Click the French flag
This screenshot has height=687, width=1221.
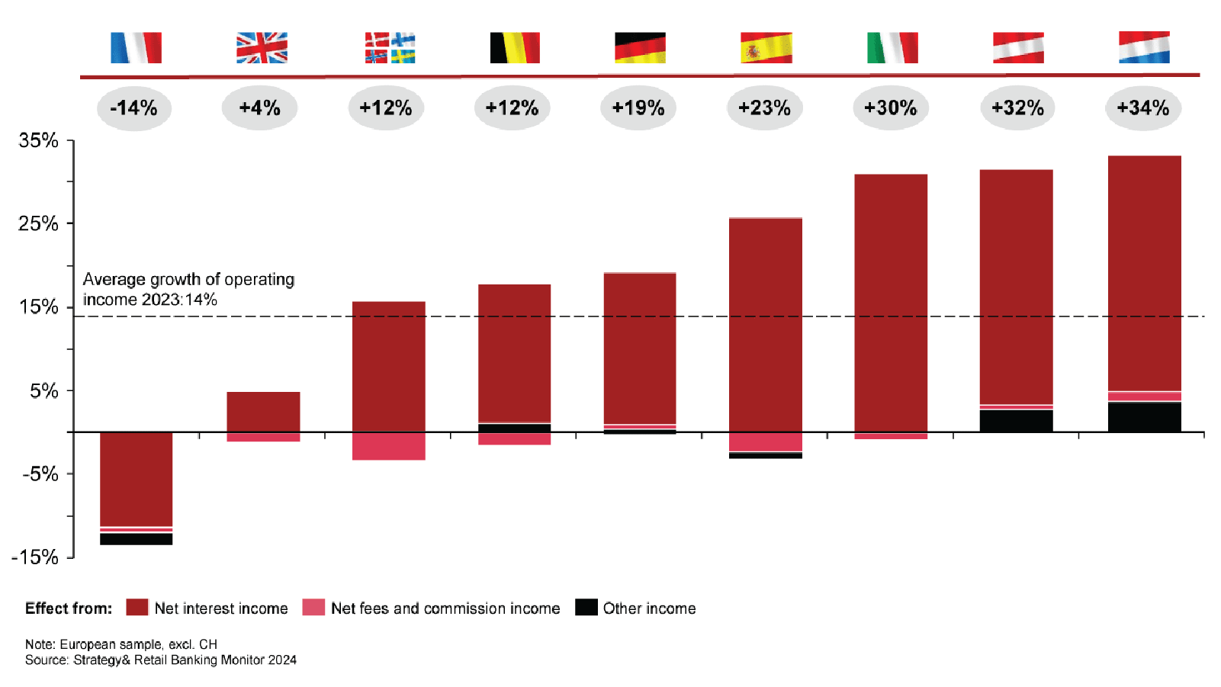click(x=136, y=47)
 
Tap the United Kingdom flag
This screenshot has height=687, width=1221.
click(x=262, y=47)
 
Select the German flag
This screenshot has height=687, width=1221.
click(x=640, y=47)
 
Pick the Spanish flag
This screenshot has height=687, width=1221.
click(x=766, y=47)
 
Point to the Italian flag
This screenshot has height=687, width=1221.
click(x=892, y=47)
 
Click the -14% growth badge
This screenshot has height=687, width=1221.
click(x=134, y=108)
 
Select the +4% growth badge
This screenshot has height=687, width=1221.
click(x=259, y=108)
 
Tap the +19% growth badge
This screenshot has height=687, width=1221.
click(x=638, y=108)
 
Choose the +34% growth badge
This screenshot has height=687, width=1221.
click(x=1143, y=108)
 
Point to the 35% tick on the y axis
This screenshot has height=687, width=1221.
click(x=38, y=140)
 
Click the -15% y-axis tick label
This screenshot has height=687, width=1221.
click(x=35, y=557)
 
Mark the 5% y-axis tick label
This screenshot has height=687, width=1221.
click(x=44, y=391)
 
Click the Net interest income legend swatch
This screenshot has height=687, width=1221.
click(x=137, y=608)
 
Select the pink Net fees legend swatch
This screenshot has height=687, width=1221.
click(x=313, y=608)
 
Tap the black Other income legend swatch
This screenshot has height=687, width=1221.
click(x=586, y=608)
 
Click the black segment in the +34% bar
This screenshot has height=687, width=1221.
click(x=1144, y=417)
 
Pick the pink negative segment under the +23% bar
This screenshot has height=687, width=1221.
click(x=765, y=442)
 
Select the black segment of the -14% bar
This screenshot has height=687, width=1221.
click(x=136, y=539)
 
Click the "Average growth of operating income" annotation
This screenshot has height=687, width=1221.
click(x=188, y=290)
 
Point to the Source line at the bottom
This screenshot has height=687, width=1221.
click(x=160, y=660)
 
